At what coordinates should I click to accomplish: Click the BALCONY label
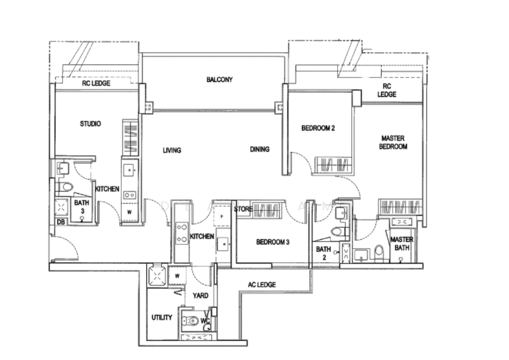pos(220,80)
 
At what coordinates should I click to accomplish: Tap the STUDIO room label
pos(90,123)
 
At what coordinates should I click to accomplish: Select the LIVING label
pos(172,150)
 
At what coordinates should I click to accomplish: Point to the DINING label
pos(260,149)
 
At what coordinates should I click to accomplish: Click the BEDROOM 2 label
pos(317,128)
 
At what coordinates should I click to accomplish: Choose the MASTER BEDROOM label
pos(393,142)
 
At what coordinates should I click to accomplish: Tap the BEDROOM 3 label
pos(273,242)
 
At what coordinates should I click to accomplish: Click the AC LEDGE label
pos(261,285)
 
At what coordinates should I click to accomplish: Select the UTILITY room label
pos(162,317)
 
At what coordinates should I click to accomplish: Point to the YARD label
pos(200,296)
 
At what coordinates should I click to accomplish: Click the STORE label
pos(243,209)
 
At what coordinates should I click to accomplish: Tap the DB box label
pos(60,223)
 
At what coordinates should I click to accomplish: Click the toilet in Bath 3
pos(66,187)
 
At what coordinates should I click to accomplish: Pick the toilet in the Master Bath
pos(379,253)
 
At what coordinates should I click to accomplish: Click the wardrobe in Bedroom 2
pos(333,165)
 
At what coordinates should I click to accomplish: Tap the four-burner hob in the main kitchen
pos(181,233)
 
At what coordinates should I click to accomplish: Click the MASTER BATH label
pos(401,244)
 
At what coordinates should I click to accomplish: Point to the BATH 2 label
pos(323,253)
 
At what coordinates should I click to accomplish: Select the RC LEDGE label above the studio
pos(96,83)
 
